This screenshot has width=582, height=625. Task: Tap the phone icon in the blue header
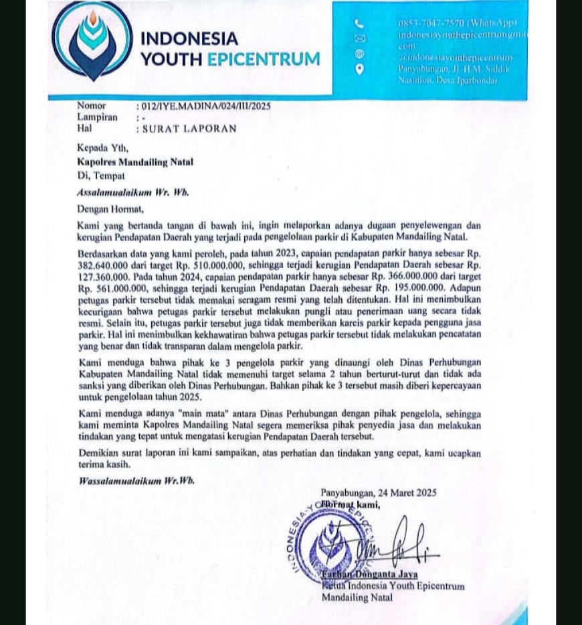(x=360, y=23)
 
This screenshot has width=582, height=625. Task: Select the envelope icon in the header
(x=360, y=39)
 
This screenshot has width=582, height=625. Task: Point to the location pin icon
(x=360, y=69)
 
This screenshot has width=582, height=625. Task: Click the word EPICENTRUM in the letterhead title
(x=264, y=59)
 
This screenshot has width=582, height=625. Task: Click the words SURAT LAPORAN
(x=189, y=129)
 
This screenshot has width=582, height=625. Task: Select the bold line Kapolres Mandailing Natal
(x=134, y=161)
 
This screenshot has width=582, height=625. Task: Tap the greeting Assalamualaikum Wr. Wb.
(x=133, y=192)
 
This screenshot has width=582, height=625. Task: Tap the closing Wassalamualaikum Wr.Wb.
(x=136, y=480)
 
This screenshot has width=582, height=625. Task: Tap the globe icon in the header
(x=360, y=54)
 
